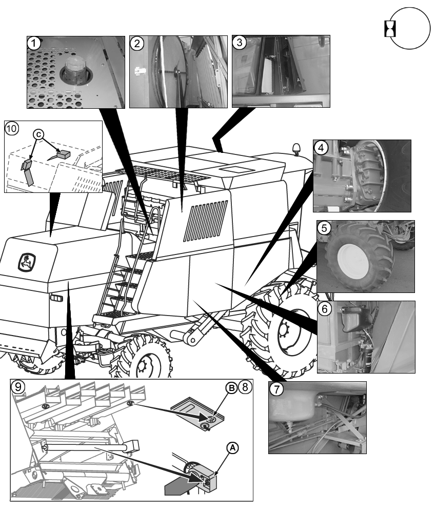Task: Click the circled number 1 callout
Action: [34, 44]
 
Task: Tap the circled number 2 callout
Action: [136, 43]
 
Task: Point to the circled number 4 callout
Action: [321, 148]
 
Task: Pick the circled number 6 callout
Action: [324, 309]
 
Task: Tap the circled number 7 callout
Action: [276, 389]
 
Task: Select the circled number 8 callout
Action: [245, 387]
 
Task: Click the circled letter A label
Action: [232, 447]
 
